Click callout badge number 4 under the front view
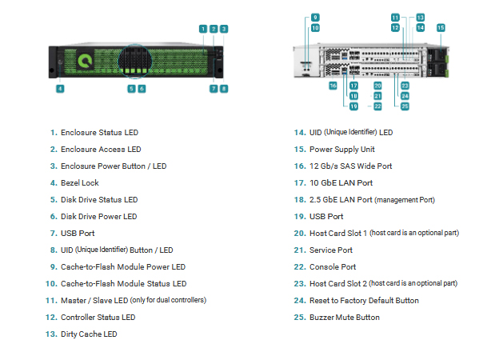pyautogui.click(x=60, y=89)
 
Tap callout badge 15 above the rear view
pyautogui.click(x=441, y=28)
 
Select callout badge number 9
pyautogui.click(x=315, y=18)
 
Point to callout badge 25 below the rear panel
pyautogui.click(x=405, y=106)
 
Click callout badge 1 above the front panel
pyautogui.click(x=203, y=29)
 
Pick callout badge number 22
pyautogui.click(x=377, y=106)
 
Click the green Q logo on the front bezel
pyautogui.click(x=85, y=61)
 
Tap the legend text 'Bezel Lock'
pyautogui.click(x=80, y=183)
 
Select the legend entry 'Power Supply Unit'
pyautogui.click(x=342, y=150)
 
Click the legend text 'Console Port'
pyautogui.click(x=333, y=267)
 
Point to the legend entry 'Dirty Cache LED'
pyautogui.click(x=89, y=334)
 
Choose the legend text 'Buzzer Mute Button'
pyautogui.click(x=345, y=318)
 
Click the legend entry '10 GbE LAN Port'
pyautogui.click(x=341, y=183)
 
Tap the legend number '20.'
pyautogui.click(x=300, y=234)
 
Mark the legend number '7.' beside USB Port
pyautogui.click(x=54, y=234)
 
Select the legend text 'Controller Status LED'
pyautogui.click(x=98, y=318)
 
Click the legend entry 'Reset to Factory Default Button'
pyautogui.click(x=364, y=301)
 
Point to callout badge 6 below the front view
pyautogui.click(x=142, y=89)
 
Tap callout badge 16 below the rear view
pyautogui.click(x=333, y=86)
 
